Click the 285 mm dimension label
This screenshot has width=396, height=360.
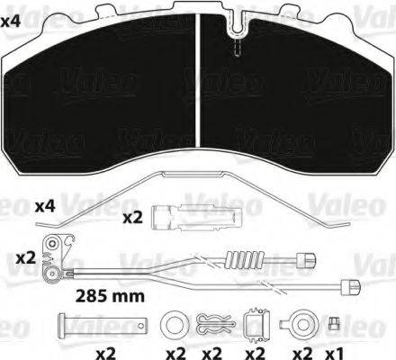point(110,296)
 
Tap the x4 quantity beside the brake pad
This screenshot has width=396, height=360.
point(10,22)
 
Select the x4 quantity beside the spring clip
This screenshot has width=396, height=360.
point(45,207)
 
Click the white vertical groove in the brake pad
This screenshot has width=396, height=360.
point(198,80)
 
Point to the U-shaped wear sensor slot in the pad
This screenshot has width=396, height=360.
point(238,25)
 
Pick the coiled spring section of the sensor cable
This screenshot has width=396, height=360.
point(246,259)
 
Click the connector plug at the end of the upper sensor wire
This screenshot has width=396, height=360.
point(306,260)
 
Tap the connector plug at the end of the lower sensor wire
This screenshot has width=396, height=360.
point(351,287)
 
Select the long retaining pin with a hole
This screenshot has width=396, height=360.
point(102,325)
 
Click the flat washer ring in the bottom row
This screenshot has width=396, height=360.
point(175,325)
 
